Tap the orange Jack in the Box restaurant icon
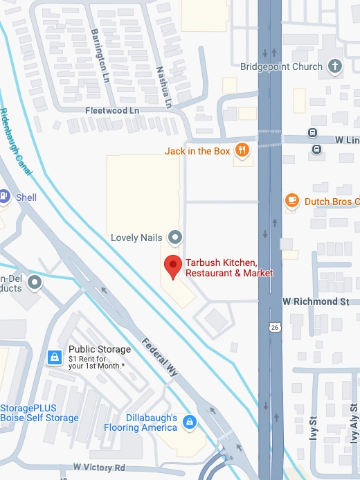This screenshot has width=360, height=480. pos(241,150)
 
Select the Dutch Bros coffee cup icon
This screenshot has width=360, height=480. pos(292,201)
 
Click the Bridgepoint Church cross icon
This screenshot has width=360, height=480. pos(334,66)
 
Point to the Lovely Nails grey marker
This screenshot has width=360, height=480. pos(175,238)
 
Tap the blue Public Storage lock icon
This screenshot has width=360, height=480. pos(53,357)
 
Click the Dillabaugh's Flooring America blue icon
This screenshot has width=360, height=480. pos(188,421)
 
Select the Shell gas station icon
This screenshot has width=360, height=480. pos(3,197)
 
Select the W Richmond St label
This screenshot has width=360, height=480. pos(315,302)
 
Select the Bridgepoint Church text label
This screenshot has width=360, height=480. pos(282,66)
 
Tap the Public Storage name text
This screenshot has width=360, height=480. pos(100,349)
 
